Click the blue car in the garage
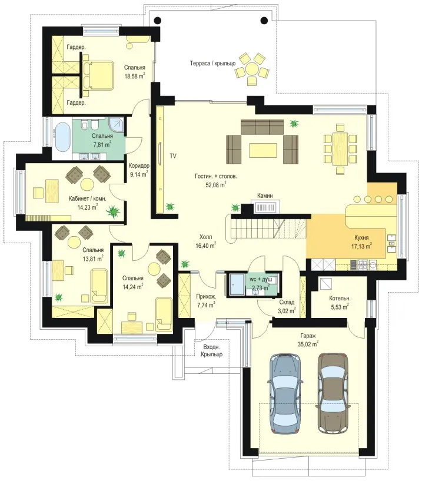click(x=285, y=394)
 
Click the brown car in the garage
click(x=333, y=393)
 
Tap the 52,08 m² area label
click(x=215, y=185)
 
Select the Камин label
click(x=265, y=196)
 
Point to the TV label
click(x=173, y=156)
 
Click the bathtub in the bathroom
click(x=62, y=137)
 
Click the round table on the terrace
click(x=251, y=68)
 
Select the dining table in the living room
click(x=340, y=149)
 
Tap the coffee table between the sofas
click(x=263, y=150)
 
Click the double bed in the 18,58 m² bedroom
click(x=98, y=75)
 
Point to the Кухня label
click(x=361, y=237)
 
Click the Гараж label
click(x=308, y=336)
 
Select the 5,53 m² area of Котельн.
click(x=340, y=307)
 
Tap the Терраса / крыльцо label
click(x=212, y=64)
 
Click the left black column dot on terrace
click(x=158, y=21)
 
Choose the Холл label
click(x=205, y=237)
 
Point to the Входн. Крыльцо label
click(x=211, y=350)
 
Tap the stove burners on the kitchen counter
click(x=363, y=265)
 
